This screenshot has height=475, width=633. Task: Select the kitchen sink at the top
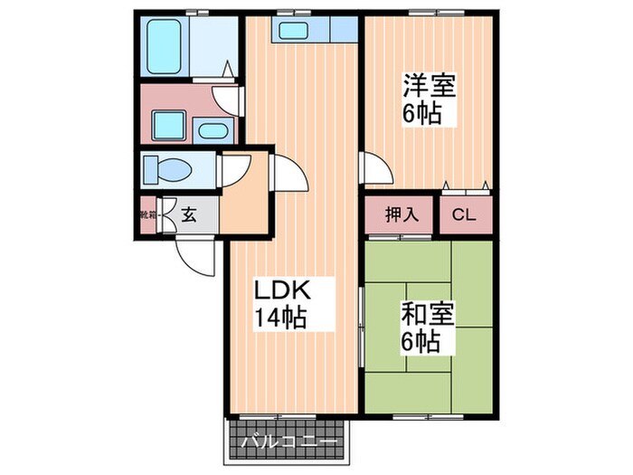(295, 30)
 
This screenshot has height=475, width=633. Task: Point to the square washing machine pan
(166, 126)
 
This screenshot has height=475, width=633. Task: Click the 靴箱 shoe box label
(147, 215)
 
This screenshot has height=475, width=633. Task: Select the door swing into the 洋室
(373, 168)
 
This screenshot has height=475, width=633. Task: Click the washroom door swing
(226, 95)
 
